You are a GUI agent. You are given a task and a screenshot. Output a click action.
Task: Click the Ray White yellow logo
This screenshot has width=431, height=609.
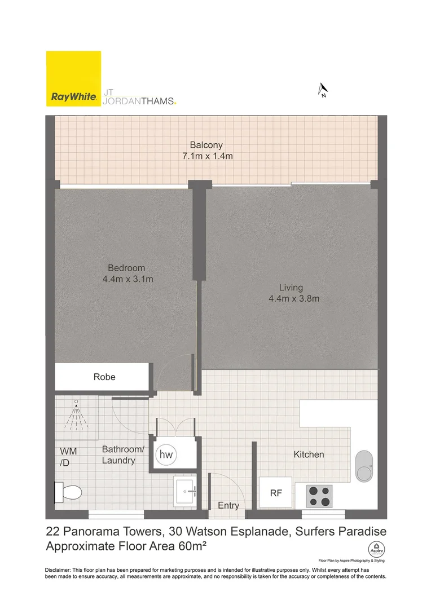coord(74,78)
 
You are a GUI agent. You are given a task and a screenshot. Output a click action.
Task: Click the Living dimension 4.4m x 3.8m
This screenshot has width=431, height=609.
coord(294,298)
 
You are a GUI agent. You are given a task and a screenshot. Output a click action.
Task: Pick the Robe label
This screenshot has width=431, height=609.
coord(104,377)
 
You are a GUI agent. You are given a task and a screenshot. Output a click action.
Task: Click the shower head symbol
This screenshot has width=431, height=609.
coord(76,416)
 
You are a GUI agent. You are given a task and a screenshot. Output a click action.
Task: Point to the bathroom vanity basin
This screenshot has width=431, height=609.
coord(186,492)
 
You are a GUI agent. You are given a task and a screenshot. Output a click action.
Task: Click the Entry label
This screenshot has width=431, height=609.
coord(228,506)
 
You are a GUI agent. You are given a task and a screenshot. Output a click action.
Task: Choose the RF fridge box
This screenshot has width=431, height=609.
coord(276,493)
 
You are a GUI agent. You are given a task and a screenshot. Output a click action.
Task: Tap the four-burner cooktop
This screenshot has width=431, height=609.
coord(319,496)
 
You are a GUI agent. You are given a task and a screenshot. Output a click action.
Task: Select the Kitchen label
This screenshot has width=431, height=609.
coord(309,454)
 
